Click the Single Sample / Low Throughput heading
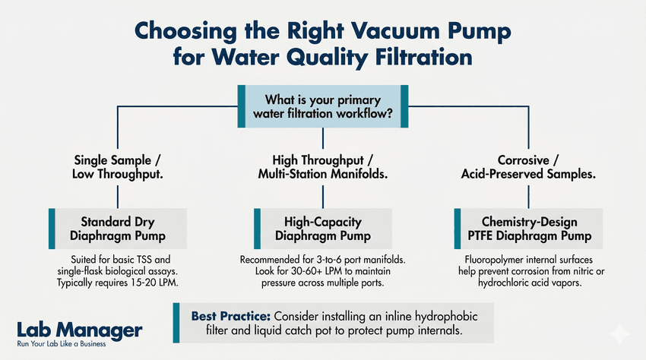tap(117, 167)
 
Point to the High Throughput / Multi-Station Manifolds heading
tap(323, 167)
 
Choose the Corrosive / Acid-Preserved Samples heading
tap(528, 167)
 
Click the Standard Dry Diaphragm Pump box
tap(117, 229)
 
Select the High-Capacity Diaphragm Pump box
tap(323, 229)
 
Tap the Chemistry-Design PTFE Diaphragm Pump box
tap(528, 229)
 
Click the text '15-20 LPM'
tap(163, 283)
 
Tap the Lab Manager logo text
tap(79, 330)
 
